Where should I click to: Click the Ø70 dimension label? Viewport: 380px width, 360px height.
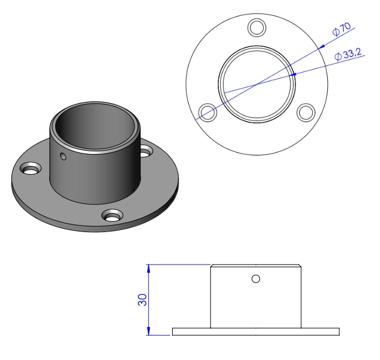[x=341, y=29]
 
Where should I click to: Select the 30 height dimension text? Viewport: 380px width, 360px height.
[x=142, y=300]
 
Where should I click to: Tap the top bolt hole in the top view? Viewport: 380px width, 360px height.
[x=256, y=27]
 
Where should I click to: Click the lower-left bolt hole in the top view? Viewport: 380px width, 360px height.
[x=207, y=112]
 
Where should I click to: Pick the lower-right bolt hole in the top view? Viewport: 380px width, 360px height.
[x=306, y=112]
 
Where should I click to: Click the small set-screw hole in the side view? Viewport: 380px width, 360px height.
[x=256, y=279]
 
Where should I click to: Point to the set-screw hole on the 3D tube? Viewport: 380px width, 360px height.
[x=64, y=157]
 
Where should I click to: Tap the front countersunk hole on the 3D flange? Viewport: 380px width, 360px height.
[x=112, y=216]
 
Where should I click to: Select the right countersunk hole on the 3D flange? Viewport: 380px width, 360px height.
[x=146, y=152]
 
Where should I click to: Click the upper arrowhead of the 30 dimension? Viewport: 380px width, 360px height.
[x=148, y=267]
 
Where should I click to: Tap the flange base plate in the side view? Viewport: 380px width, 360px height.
[x=256, y=331]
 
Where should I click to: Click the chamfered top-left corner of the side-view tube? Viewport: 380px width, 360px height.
[x=212, y=266]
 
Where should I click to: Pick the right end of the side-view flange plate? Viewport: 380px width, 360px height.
[x=338, y=331]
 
